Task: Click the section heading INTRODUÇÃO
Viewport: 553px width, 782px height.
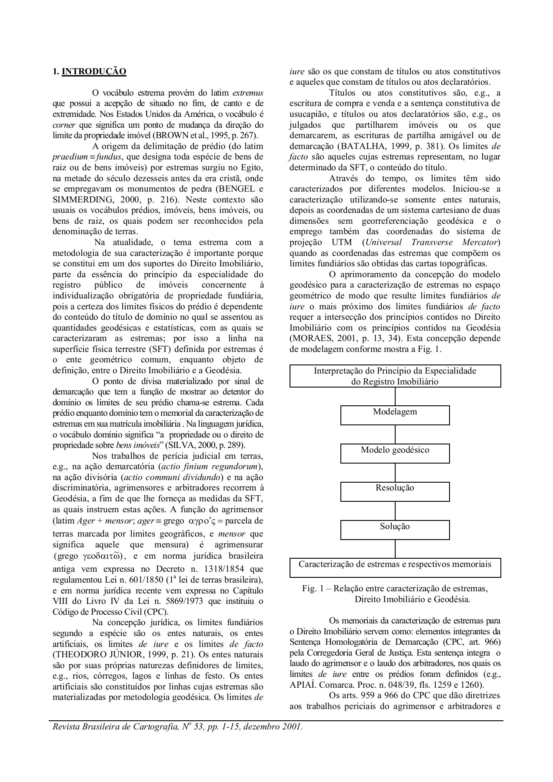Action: click(x=94, y=72)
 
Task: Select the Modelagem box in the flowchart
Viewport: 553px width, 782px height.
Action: click(x=395, y=415)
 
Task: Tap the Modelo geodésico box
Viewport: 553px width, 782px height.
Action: click(x=395, y=453)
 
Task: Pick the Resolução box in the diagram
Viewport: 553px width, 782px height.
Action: click(x=395, y=491)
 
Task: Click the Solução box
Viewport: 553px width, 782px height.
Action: click(x=395, y=530)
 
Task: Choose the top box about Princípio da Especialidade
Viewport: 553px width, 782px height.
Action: click(x=395, y=376)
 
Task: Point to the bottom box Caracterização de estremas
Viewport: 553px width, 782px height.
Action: click(x=395, y=567)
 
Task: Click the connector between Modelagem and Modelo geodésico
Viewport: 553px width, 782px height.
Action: click(x=395, y=434)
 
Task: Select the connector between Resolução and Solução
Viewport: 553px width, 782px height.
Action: click(x=395, y=510)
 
